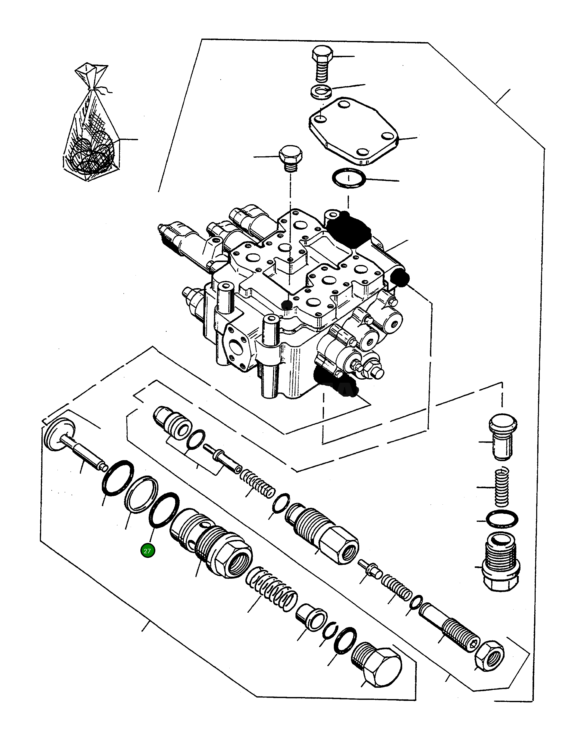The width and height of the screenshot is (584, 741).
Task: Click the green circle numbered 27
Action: (x=147, y=551)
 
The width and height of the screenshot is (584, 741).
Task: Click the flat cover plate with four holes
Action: (x=354, y=131)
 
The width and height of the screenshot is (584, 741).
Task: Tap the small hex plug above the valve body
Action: (x=290, y=159)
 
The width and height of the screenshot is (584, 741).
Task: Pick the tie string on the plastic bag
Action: (x=103, y=90)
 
